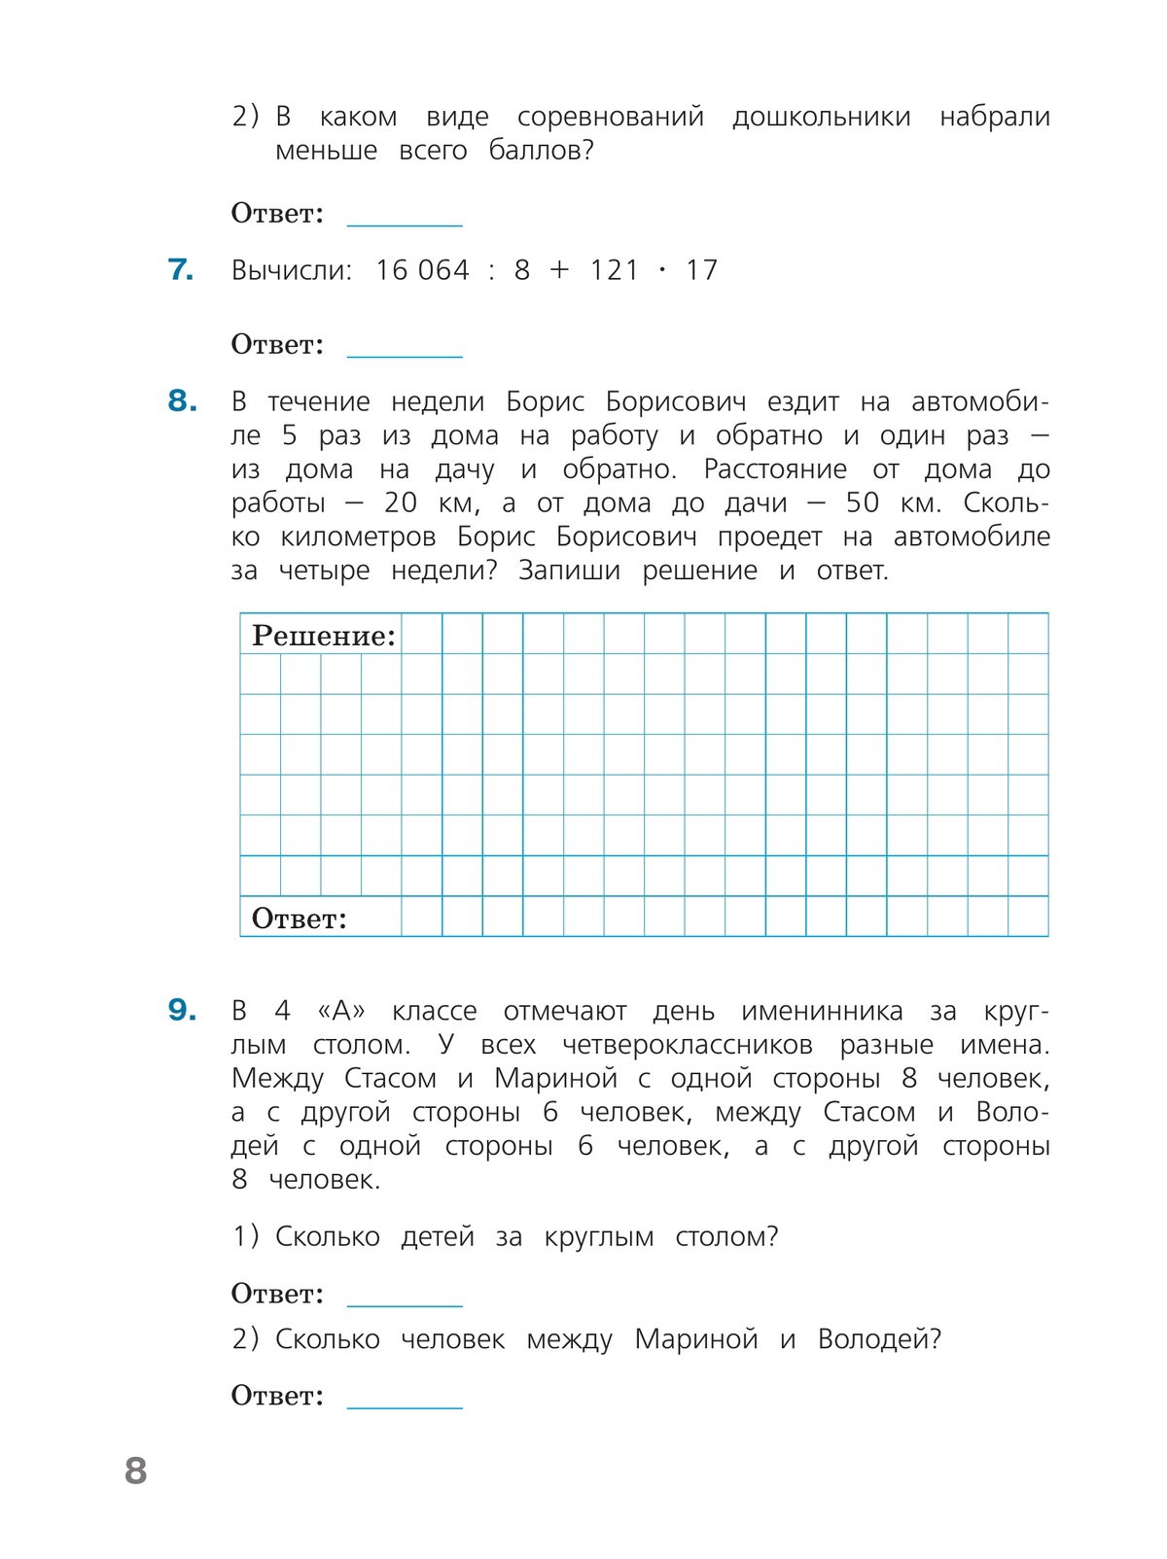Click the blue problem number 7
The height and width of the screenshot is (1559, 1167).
tap(180, 269)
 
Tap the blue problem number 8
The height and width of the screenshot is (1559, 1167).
tap(182, 400)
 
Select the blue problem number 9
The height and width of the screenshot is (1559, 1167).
tap(182, 1010)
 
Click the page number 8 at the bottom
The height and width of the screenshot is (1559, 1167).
tap(136, 1471)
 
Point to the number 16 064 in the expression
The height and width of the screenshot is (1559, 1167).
tap(422, 270)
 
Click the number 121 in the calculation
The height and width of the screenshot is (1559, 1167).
tap(614, 270)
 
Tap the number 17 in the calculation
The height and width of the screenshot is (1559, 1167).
tap(701, 270)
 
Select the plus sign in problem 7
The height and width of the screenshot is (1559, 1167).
tap(558, 270)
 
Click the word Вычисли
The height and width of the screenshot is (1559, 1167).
tap(291, 270)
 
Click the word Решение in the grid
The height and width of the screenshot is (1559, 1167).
tap(324, 636)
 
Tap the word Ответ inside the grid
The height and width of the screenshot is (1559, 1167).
tap(299, 918)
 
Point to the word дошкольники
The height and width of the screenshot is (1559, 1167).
tap(821, 117)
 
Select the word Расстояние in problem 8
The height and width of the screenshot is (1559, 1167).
tap(775, 469)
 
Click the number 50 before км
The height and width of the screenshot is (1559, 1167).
tap(862, 502)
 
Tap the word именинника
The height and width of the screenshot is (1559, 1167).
tap(822, 1011)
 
